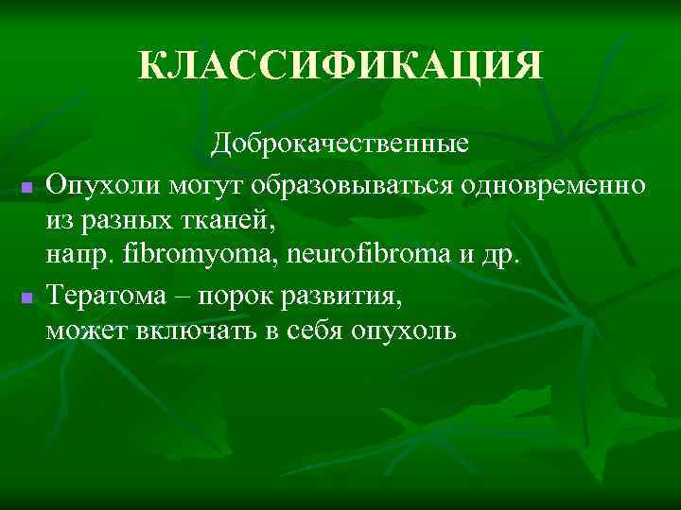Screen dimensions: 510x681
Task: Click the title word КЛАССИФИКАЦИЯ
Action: pos(340,66)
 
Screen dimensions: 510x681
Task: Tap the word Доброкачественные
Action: pos(340,144)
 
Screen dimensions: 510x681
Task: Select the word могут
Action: pos(196,182)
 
